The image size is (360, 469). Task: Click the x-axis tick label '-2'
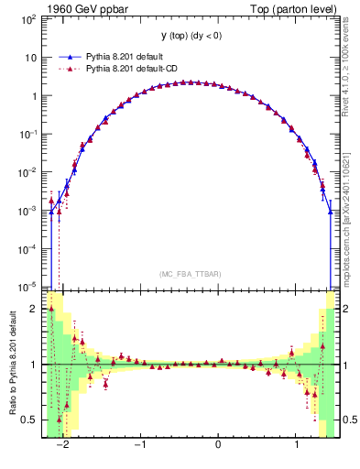pos(62,445)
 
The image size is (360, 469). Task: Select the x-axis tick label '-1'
pos(140,445)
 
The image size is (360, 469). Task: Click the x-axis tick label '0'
pos(218,445)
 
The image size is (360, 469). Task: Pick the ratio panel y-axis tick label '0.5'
pos(31,420)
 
